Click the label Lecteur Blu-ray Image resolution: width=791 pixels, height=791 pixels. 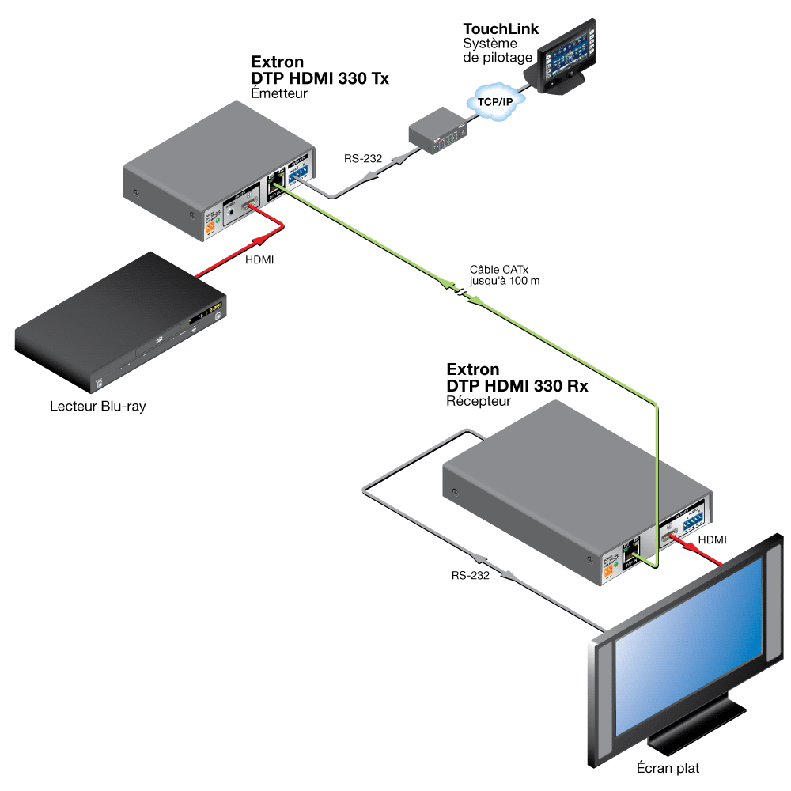pos(97,407)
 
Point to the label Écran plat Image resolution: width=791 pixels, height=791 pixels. pos(668,767)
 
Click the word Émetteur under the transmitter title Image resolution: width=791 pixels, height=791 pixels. pos(278,93)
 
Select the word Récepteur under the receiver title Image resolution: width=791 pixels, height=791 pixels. pos(479,401)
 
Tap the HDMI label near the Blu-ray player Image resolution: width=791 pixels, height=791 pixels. pos(259,259)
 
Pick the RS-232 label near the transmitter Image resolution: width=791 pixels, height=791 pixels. pos(363,159)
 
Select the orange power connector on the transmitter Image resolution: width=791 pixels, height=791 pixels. pos(211,229)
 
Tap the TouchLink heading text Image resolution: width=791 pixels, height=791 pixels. pos(501,29)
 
